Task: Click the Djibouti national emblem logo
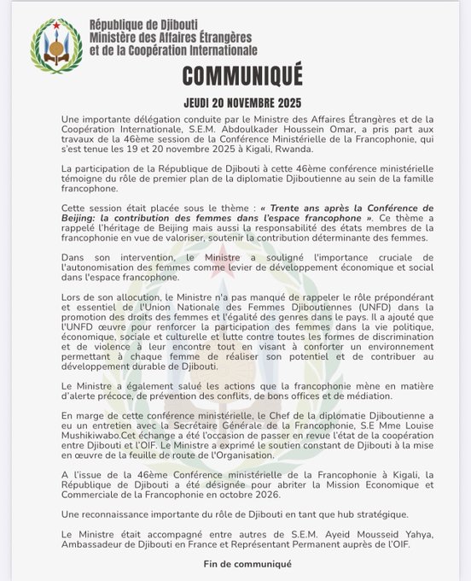56,44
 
